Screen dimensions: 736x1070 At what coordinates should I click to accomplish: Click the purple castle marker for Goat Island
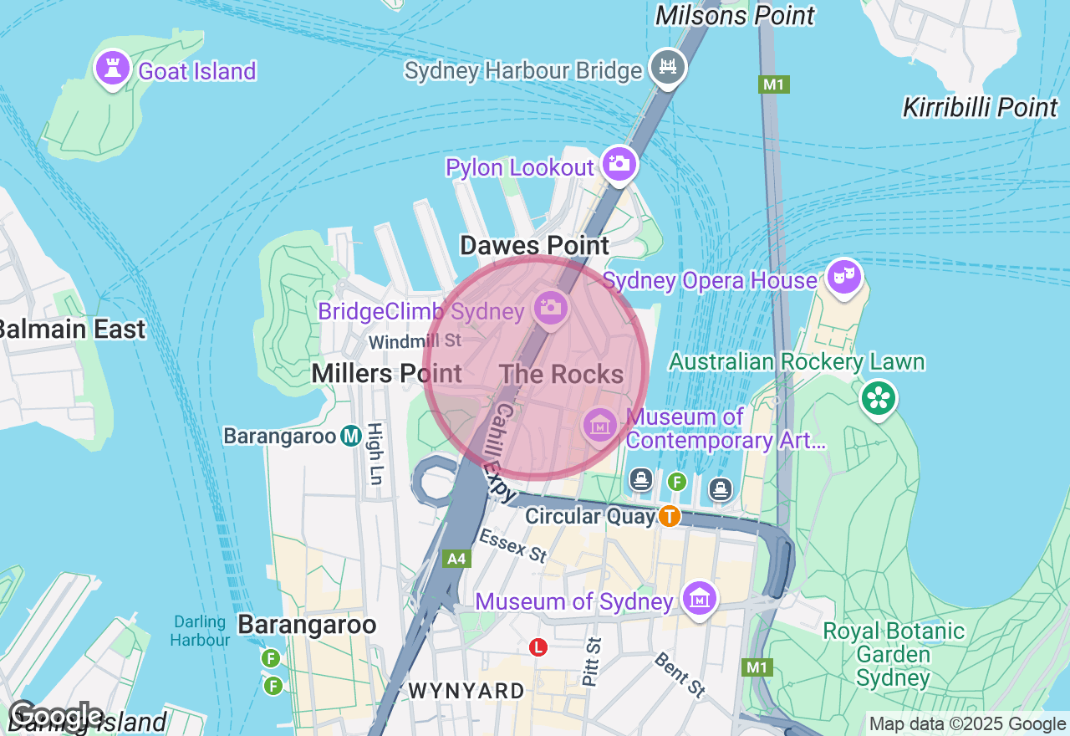[111, 68]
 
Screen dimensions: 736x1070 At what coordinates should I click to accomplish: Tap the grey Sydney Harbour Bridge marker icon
[667, 66]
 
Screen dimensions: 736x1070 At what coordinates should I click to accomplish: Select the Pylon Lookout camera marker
[619, 164]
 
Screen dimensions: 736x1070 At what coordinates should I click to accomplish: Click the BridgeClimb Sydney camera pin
[550, 307]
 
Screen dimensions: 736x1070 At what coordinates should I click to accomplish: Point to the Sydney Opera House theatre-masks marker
[844, 277]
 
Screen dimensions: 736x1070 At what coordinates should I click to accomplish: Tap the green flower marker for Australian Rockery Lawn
[879, 397]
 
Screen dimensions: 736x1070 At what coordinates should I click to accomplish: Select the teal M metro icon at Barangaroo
[351, 436]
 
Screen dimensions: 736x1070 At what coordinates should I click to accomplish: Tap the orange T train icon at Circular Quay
[669, 516]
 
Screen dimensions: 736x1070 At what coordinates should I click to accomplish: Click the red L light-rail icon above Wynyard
[539, 647]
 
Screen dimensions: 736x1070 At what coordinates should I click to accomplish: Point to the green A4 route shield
[456, 559]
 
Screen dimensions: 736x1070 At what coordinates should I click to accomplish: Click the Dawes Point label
[535, 246]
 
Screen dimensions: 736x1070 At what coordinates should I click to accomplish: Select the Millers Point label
[386, 374]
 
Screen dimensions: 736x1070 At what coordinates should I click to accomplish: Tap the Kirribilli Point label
[980, 108]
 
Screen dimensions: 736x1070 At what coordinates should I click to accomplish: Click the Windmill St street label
[415, 340]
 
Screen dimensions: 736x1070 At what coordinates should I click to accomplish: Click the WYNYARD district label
[466, 691]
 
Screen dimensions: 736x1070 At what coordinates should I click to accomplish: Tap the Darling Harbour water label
[201, 631]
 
